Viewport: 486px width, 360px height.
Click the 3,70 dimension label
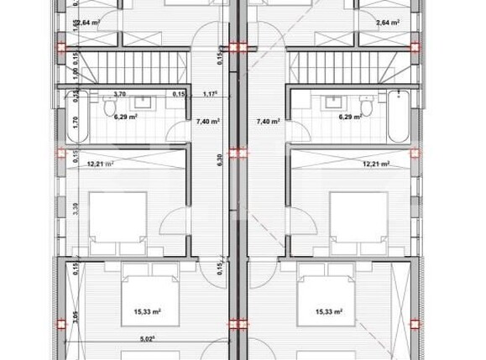119,95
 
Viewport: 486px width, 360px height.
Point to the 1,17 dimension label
210,95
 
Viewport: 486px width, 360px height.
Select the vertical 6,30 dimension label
220,159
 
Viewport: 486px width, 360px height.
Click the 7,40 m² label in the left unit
207,122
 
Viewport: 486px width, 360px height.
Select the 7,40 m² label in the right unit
268,122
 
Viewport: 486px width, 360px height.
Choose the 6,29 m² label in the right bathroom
350,118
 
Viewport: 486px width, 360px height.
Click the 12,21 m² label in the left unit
101,164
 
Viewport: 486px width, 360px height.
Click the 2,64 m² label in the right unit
388,22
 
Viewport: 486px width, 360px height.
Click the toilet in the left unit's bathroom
107,107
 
